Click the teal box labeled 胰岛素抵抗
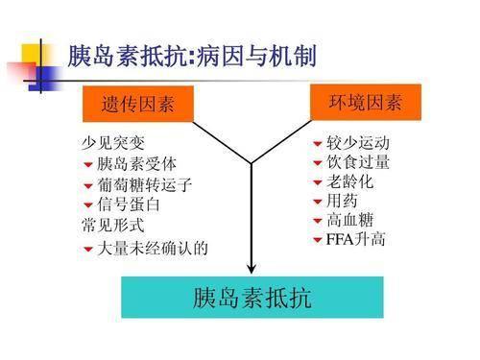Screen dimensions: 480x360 [x=252, y=298]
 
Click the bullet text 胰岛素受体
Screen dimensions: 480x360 [x=136, y=164]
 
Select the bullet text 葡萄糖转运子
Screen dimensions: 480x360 [x=145, y=185]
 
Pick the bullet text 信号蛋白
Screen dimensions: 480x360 [x=129, y=205]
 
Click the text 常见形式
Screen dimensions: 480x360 [x=113, y=226]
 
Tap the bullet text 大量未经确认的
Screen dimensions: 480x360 [x=153, y=250]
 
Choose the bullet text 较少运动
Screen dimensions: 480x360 [x=358, y=144]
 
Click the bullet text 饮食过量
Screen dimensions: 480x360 [x=358, y=162]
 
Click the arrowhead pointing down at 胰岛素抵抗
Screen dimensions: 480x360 [x=252, y=270]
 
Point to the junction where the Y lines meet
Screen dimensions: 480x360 [x=252, y=163]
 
